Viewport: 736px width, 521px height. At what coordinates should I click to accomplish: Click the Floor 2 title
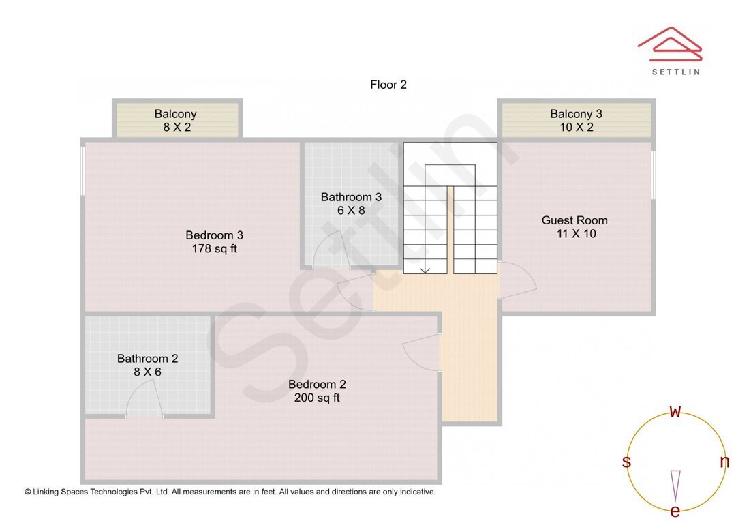pos(388,85)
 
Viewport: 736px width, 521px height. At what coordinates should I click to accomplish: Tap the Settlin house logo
pos(670,44)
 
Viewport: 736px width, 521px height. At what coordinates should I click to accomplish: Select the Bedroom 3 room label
pos(215,235)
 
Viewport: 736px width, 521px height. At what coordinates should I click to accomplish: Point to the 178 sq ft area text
pos(215,248)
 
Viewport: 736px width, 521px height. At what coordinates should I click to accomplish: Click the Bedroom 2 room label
pos(318,385)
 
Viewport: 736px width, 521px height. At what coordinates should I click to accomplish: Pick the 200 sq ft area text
pos(318,398)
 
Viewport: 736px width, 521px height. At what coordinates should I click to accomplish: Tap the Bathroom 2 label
pos(147,359)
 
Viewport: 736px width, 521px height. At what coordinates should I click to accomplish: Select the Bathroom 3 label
pos(351,197)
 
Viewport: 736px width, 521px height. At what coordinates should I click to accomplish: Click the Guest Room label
pos(574,220)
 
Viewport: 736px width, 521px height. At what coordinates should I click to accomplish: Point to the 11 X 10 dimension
pos(577,233)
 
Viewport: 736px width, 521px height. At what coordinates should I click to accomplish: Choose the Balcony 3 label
pos(576,114)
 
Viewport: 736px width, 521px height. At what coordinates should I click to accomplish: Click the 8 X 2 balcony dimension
pos(177,128)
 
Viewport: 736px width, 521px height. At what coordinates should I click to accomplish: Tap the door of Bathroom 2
pos(144,398)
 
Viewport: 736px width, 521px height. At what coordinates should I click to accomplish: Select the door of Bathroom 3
pos(331,250)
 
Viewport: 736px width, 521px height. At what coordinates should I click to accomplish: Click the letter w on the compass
pos(675,412)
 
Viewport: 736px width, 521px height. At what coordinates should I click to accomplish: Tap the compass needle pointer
pos(675,486)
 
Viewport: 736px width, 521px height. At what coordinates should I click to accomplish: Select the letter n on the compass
pos(724,462)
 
